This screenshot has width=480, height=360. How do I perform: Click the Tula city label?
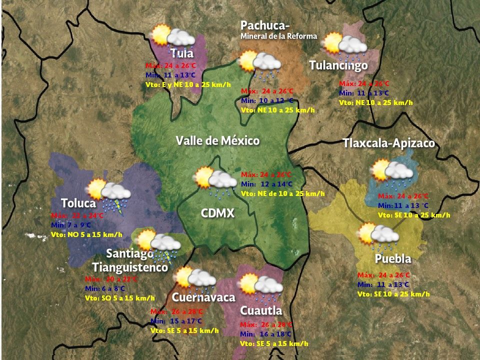181,53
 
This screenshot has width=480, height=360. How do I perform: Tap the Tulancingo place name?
338,65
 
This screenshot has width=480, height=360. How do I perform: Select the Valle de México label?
217,140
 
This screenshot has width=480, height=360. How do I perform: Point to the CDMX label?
217,213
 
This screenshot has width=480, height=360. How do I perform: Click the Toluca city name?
78,203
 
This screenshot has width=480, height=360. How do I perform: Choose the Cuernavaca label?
203,297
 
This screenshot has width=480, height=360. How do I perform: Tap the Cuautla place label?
261,310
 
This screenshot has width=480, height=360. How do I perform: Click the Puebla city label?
393,259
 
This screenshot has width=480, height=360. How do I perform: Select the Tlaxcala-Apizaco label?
388,143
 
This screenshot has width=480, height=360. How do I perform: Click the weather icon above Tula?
173,36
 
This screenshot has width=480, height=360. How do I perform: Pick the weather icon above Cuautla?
260,285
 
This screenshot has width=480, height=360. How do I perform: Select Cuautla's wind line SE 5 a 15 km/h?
274,344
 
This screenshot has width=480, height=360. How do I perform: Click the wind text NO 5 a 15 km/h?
86,234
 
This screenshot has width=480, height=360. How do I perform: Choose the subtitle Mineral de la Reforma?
278,36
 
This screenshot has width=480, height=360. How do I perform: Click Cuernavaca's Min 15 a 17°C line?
176,321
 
